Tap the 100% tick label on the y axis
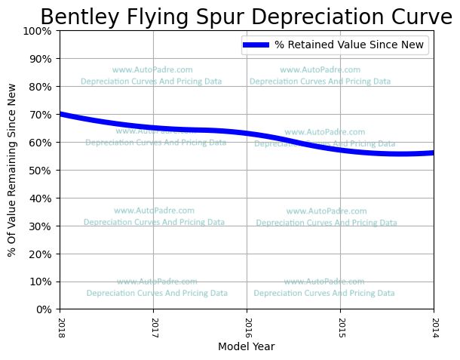tap(38, 31)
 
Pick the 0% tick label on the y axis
tap(44, 309)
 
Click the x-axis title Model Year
tap(246, 347)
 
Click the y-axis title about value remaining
tap(13, 170)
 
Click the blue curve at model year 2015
tap(340, 149)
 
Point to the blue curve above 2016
tap(247, 134)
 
